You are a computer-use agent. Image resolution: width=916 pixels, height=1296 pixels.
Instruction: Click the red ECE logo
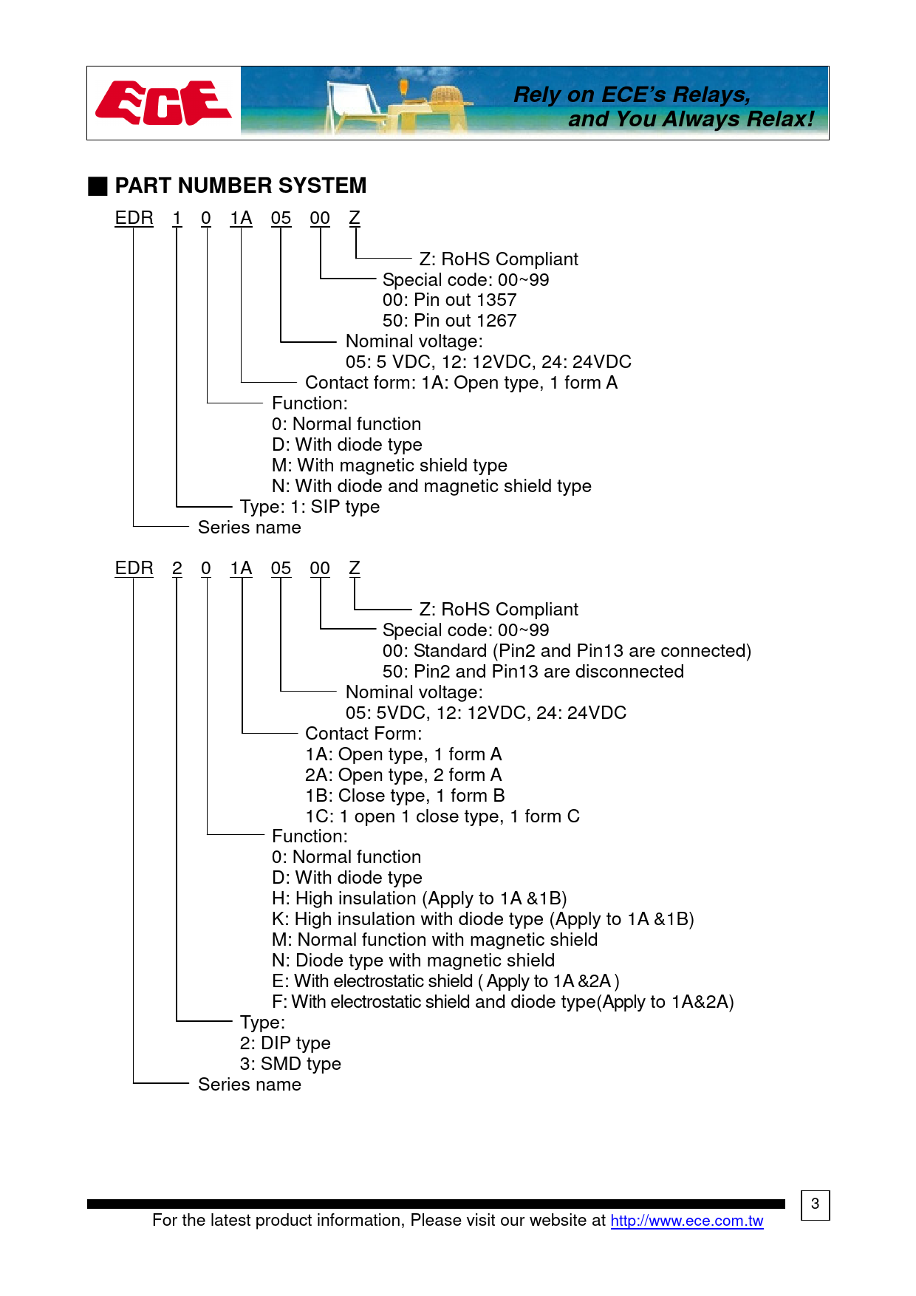point(163,103)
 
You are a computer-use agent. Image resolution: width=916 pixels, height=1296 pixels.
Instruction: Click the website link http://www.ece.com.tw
point(686,1221)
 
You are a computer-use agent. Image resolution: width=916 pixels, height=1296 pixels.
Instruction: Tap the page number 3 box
point(815,1204)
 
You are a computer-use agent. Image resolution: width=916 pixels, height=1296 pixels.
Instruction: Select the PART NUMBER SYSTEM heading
point(240,185)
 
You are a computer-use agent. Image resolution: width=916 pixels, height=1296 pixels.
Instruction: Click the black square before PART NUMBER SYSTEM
point(98,186)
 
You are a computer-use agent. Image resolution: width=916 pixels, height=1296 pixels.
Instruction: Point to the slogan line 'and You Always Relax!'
point(691,119)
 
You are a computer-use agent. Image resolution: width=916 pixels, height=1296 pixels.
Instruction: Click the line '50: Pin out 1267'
point(449,321)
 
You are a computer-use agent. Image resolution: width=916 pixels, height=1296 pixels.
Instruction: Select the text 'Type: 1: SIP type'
point(310,507)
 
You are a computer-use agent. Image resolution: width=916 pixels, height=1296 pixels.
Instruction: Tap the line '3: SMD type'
point(290,1064)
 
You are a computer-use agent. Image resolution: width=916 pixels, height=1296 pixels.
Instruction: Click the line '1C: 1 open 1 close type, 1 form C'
point(442,816)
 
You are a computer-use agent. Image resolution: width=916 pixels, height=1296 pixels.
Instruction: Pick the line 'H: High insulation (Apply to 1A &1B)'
point(419,898)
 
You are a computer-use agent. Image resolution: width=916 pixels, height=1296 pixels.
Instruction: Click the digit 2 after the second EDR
point(177,568)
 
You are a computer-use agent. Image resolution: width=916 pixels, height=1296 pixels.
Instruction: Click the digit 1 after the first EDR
point(177,218)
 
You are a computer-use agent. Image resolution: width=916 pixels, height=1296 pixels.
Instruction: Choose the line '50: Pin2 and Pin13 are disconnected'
point(533,672)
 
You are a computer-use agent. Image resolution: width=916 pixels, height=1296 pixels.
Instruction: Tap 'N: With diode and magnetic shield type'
point(431,486)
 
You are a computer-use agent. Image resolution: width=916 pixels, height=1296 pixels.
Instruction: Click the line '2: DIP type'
point(285,1043)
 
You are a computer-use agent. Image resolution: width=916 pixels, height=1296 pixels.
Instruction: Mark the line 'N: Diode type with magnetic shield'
point(413,961)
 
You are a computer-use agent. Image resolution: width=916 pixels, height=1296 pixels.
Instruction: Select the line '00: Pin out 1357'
point(449,300)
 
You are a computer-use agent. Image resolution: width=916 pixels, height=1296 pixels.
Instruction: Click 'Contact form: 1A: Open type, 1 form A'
point(461,383)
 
